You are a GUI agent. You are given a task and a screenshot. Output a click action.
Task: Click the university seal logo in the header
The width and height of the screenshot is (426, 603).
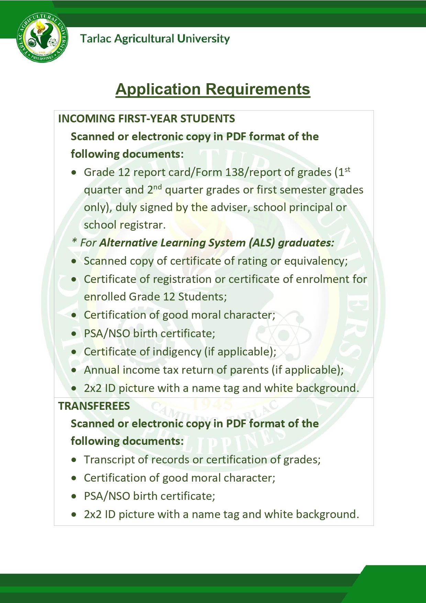click(x=42, y=37)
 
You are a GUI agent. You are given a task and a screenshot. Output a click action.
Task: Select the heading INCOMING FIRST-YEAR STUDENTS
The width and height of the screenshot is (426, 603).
click(x=146, y=119)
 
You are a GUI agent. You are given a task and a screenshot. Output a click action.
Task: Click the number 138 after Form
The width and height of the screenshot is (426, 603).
click(x=234, y=172)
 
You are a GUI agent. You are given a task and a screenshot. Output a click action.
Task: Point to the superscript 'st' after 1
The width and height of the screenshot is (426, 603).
click(x=347, y=169)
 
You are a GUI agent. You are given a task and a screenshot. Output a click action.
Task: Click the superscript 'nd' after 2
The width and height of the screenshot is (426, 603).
click(x=157, y=187)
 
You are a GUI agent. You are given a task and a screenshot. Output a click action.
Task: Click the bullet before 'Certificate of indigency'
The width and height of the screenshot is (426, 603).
click(x=74, y=352)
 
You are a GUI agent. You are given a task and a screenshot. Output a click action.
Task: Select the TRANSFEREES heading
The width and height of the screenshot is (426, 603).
click(x=94, y=406)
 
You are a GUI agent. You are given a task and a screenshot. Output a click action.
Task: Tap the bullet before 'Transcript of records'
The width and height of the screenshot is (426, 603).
click(x=74, y=460)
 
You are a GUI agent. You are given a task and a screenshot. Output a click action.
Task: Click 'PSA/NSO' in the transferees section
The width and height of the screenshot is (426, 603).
click(x=107, y=496)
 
